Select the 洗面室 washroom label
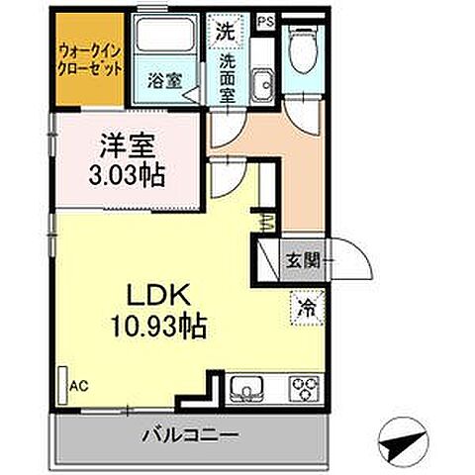coord(230,76)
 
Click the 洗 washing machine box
coord(228,31)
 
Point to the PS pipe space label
coord(264,20)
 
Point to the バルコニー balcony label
coord(188,435)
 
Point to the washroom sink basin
coord(263,85)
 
